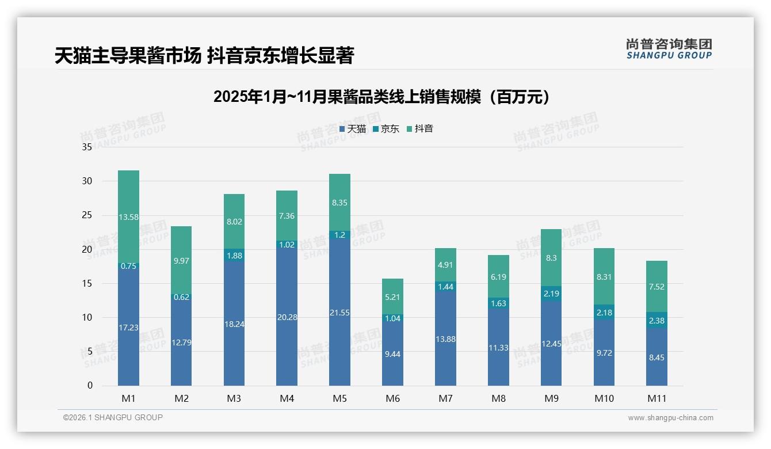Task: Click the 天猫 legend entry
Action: tap(353, 129)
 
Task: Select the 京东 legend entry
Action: tap(386, 129)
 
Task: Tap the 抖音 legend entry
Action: tap(420, 129)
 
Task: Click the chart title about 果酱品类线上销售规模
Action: tap(381, 97)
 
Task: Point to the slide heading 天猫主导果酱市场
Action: tap(204, 56)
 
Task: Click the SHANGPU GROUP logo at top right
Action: tap(669, 49)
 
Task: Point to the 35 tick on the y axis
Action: tap(87, 147)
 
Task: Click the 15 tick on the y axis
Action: tap(87, 283)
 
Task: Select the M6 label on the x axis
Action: tap(392, 398)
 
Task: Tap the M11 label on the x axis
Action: tap(657, 398)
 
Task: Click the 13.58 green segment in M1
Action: tap(128, 217)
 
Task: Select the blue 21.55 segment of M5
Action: tap(339, 313)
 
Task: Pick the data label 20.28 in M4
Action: tap(287, 317)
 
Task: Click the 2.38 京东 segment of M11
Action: tap(657, 321)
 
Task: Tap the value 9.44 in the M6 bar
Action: tap(392, 354)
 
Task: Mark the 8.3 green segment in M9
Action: tap(551, 258)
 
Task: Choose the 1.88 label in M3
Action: tap(234, 256)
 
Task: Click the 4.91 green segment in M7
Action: tap(445, 265)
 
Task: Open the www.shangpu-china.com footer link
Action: tap(670, 418)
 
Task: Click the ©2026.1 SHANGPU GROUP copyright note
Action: tap(113, 417)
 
